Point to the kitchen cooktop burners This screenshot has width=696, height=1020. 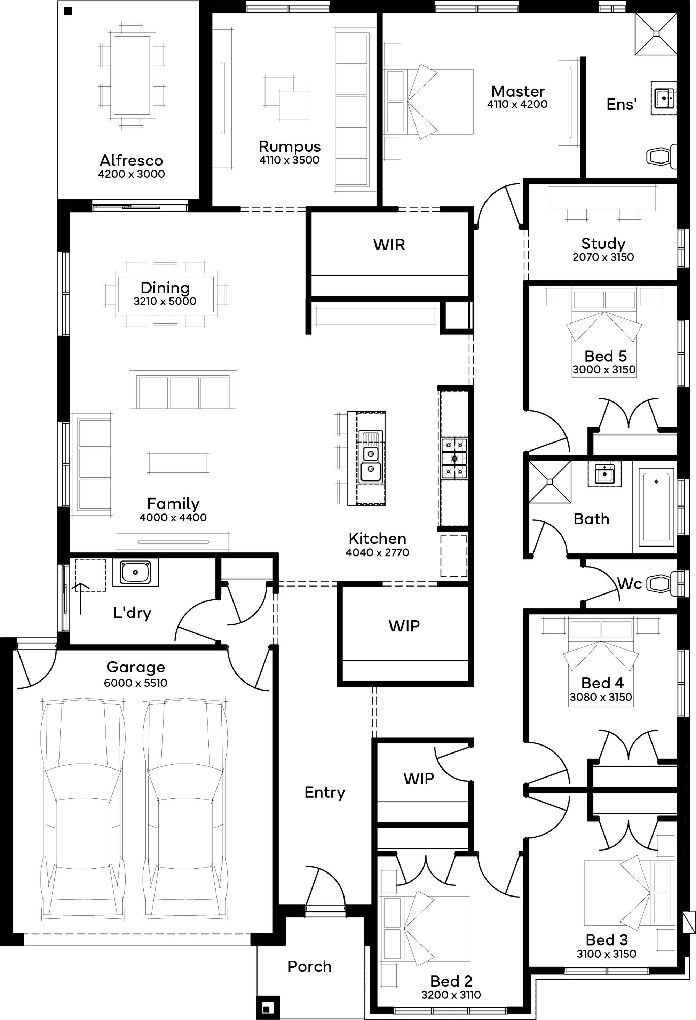pyautogui.click(x=454, y=458)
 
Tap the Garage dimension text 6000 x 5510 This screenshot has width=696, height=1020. pyautogui.click(x=136, y=683)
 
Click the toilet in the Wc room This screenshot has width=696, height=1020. pyautogui.click(x=662, y=583)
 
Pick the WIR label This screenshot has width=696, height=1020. pyautogui.click(x=389, y=245)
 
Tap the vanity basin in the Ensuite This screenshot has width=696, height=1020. pyautogui.click(x=663, y=97)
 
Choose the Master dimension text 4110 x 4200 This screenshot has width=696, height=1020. pyautogui.click(x=517, y=104)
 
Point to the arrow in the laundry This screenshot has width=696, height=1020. pyautogui.click(x=81, y=597)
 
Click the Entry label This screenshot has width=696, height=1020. pyautogui.click(x=325, y=792)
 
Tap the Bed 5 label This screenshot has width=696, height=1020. pyautogui.click(x=605, y=356)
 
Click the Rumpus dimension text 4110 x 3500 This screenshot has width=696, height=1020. pyautogui.click(x=290, y=160)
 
